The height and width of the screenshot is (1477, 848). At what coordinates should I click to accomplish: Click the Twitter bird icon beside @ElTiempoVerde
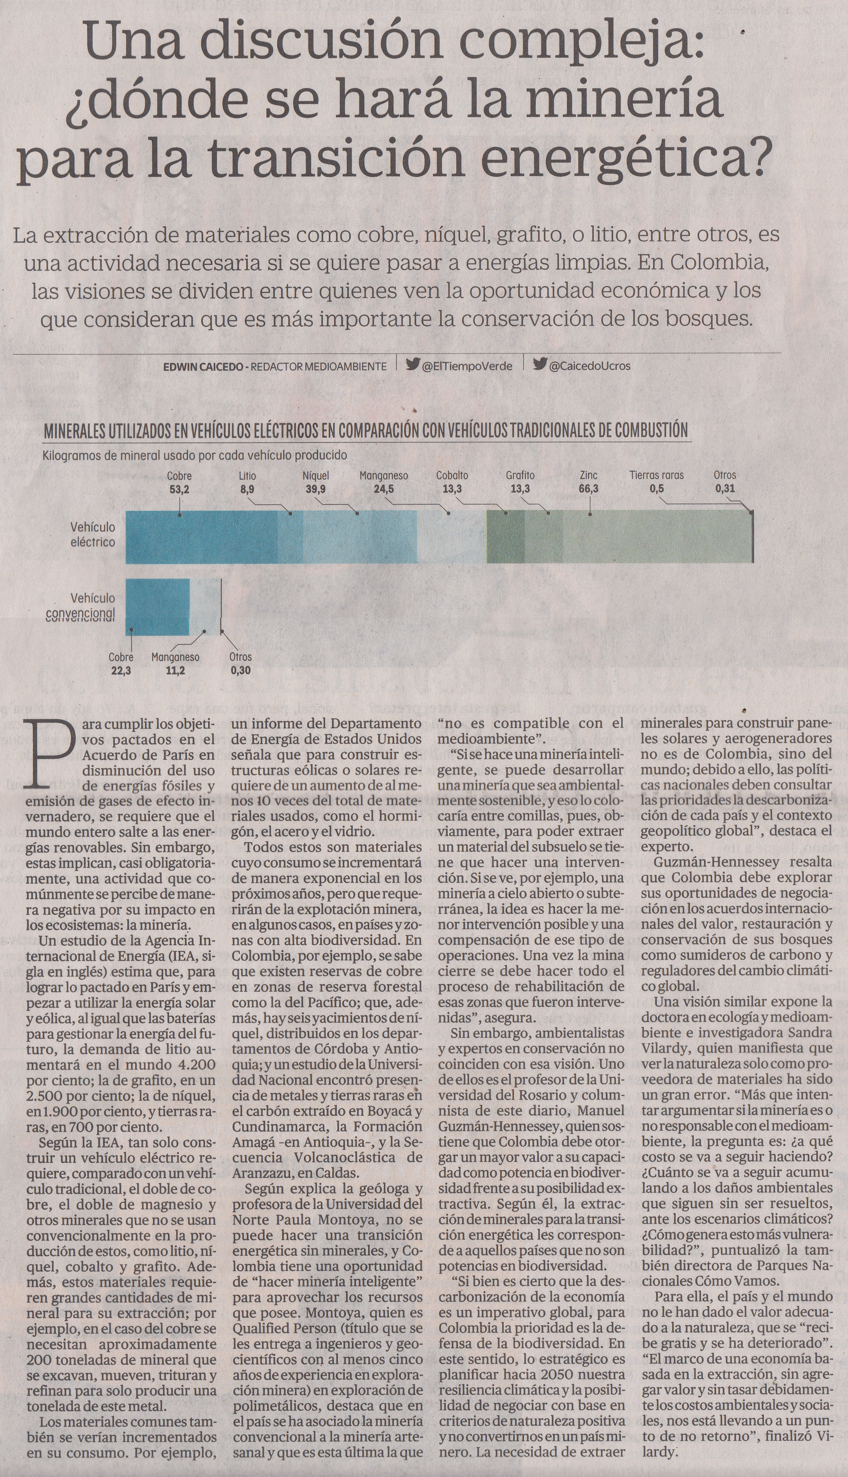pos(413,365)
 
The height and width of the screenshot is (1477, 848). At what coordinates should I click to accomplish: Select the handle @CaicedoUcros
pos(590,366)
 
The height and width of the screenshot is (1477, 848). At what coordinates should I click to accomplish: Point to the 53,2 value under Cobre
pos(179,489)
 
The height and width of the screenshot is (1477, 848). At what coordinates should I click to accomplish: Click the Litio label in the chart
pos(247,476)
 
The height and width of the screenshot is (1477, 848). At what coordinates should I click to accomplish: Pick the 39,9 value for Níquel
pos(316,489)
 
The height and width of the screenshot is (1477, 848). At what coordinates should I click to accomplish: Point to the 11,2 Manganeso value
pos(175,671)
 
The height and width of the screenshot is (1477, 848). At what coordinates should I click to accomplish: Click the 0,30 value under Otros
pos(241,671)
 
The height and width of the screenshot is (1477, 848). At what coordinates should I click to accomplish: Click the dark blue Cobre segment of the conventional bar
pos(158,607)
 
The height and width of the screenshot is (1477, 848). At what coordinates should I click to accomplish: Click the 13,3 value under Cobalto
pos(452,489)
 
